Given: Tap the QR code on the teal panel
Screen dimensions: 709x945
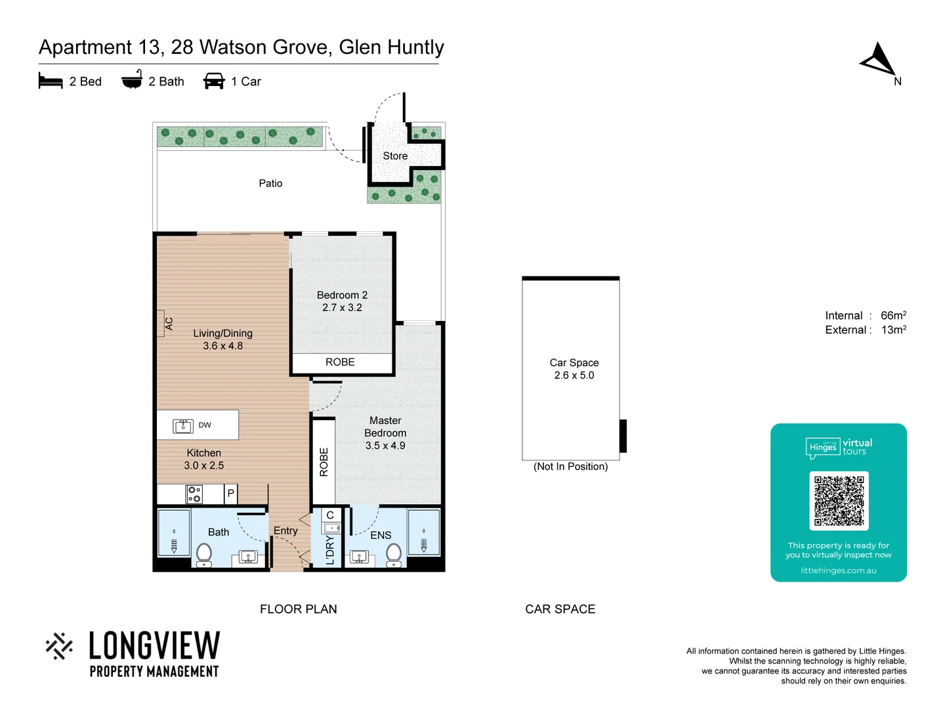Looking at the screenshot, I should click(x=839, y=501).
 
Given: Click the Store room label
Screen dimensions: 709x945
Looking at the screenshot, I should click(x=395, y=156).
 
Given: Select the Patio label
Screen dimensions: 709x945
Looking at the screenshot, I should click(x=270, y=184).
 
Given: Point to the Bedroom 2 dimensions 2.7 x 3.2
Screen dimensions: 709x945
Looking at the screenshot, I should click(x=342, y=308).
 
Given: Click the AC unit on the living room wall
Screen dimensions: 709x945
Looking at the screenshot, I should click(x=161, y=324).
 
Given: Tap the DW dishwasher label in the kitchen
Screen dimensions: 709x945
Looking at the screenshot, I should click(x=205, y=425).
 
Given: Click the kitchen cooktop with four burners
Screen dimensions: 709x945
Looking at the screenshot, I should click(x=194, y=494).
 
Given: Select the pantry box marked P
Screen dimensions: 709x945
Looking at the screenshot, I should click(x=230, y=494).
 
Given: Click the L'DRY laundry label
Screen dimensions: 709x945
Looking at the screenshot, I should click(x=330, y=550).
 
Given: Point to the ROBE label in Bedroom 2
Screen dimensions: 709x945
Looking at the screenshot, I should click(x=340, y=362).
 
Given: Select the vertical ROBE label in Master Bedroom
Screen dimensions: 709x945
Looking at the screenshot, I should click(x=324, y=462).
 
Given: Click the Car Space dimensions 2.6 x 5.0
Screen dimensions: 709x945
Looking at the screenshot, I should click(x=574, y=376).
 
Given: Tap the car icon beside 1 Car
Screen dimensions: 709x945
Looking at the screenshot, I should click(x=214, y=81).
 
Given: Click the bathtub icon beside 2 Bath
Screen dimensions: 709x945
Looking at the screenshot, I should click(x=132, y=80).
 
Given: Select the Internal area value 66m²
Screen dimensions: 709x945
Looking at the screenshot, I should click(x=893, y=316).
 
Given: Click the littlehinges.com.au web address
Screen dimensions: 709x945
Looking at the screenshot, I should click(x=838, y=570).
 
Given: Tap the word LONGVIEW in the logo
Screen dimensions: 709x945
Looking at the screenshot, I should click(x=154, y=646).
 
